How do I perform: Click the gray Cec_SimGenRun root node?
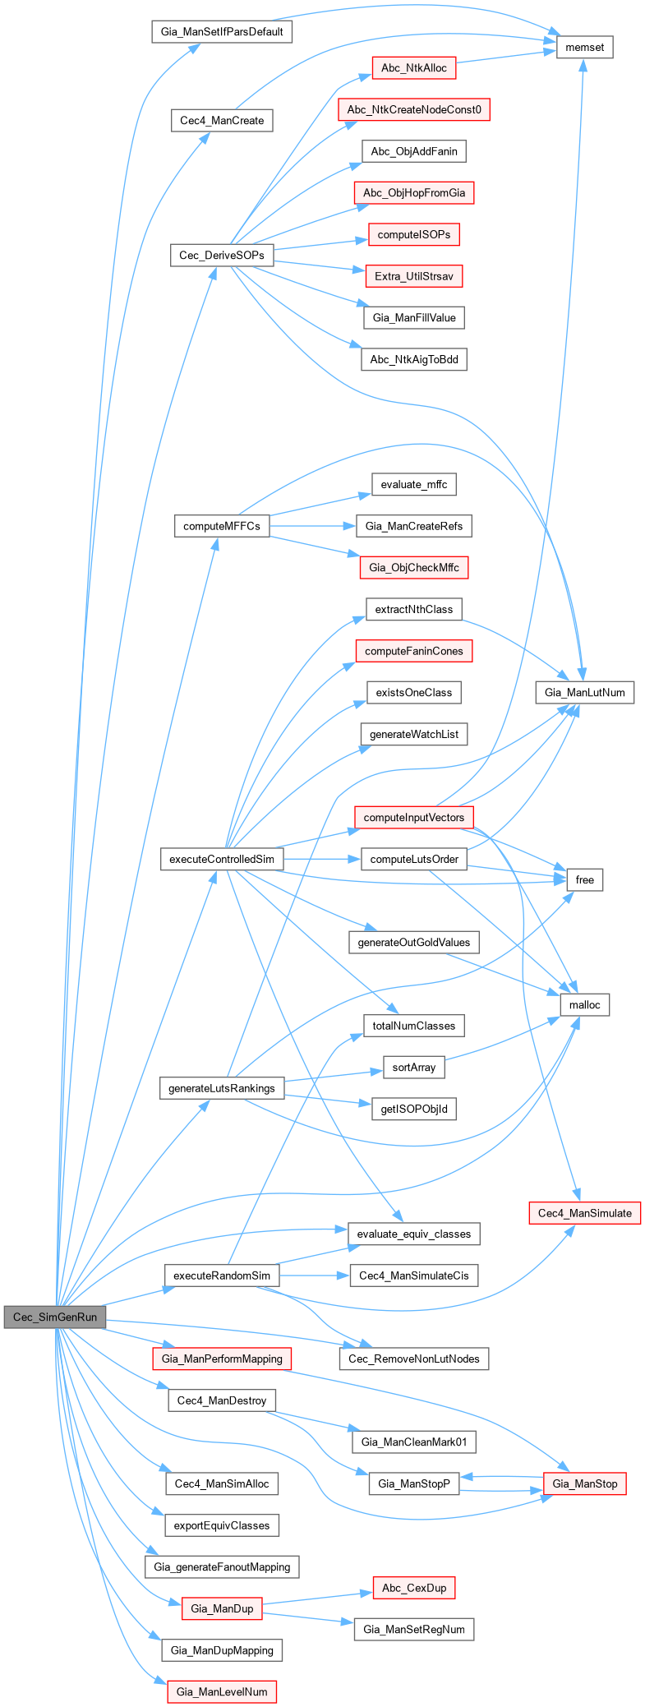coord(55,1317)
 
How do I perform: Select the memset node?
coord(585,48)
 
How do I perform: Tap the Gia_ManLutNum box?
coord(584,692)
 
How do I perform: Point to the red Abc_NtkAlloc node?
coord(414,68)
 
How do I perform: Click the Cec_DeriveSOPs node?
coord(222,256)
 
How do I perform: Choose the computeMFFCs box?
coord(222,526)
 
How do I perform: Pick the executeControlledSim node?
coord(222,860)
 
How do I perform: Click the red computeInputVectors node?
coord(414,818)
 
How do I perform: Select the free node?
coord(585,880)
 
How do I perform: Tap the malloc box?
coord(585,1005)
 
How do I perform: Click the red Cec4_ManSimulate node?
coord(585,1213)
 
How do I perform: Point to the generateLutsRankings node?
coord(222,1088)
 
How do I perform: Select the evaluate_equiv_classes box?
coord(414,1234)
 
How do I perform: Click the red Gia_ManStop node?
coord(585,1483)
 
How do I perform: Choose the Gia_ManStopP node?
coord(414,1483)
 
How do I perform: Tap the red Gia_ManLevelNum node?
coord(222,1691)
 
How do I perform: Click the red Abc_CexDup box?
coord(414,1588)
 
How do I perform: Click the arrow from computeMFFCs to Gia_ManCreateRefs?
coord(312,526)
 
